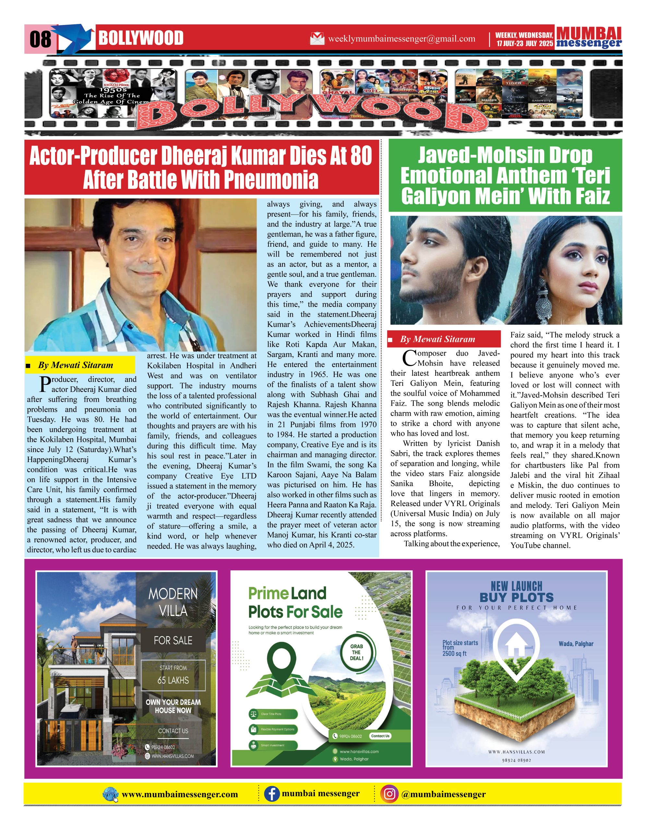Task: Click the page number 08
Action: click(x=40, y=39)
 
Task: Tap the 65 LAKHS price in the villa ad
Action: click(x=173, y=680)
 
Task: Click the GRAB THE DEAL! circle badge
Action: click(x=356, y=652)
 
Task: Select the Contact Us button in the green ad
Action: click(x=380, y=736)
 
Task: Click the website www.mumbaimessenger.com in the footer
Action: click(x=179, y=794)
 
